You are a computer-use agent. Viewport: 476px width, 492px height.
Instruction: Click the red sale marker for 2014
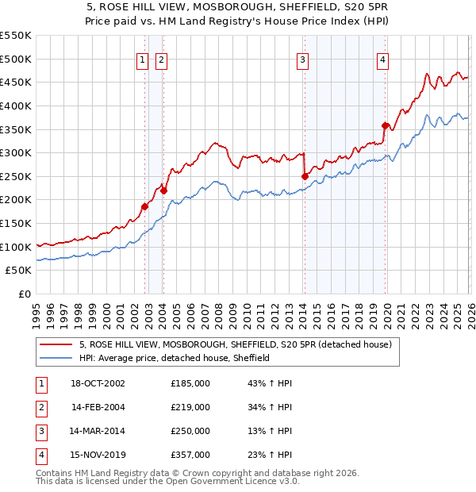coord(305,176)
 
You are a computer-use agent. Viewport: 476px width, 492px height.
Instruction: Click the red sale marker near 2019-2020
coord(385,125)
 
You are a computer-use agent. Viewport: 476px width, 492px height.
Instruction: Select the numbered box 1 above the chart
coord(142,59)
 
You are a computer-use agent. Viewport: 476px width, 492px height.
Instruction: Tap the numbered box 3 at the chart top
coord(303,59)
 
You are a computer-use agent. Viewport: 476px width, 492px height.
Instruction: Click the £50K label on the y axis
coord(19,271)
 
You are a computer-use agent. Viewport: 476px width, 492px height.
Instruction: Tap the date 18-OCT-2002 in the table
coord(98,383)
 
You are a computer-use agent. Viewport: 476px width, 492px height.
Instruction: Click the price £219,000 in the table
coord(190,407)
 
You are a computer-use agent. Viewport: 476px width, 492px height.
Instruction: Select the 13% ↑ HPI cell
coord(270,431)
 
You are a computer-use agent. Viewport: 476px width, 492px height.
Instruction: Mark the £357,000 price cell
coord(190,455)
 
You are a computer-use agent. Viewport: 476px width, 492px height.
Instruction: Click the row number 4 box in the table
coord(40,455)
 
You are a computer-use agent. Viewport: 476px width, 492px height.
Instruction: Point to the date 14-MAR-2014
coord(98,431)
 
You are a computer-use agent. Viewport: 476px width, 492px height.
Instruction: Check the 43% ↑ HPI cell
coord(270,383)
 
